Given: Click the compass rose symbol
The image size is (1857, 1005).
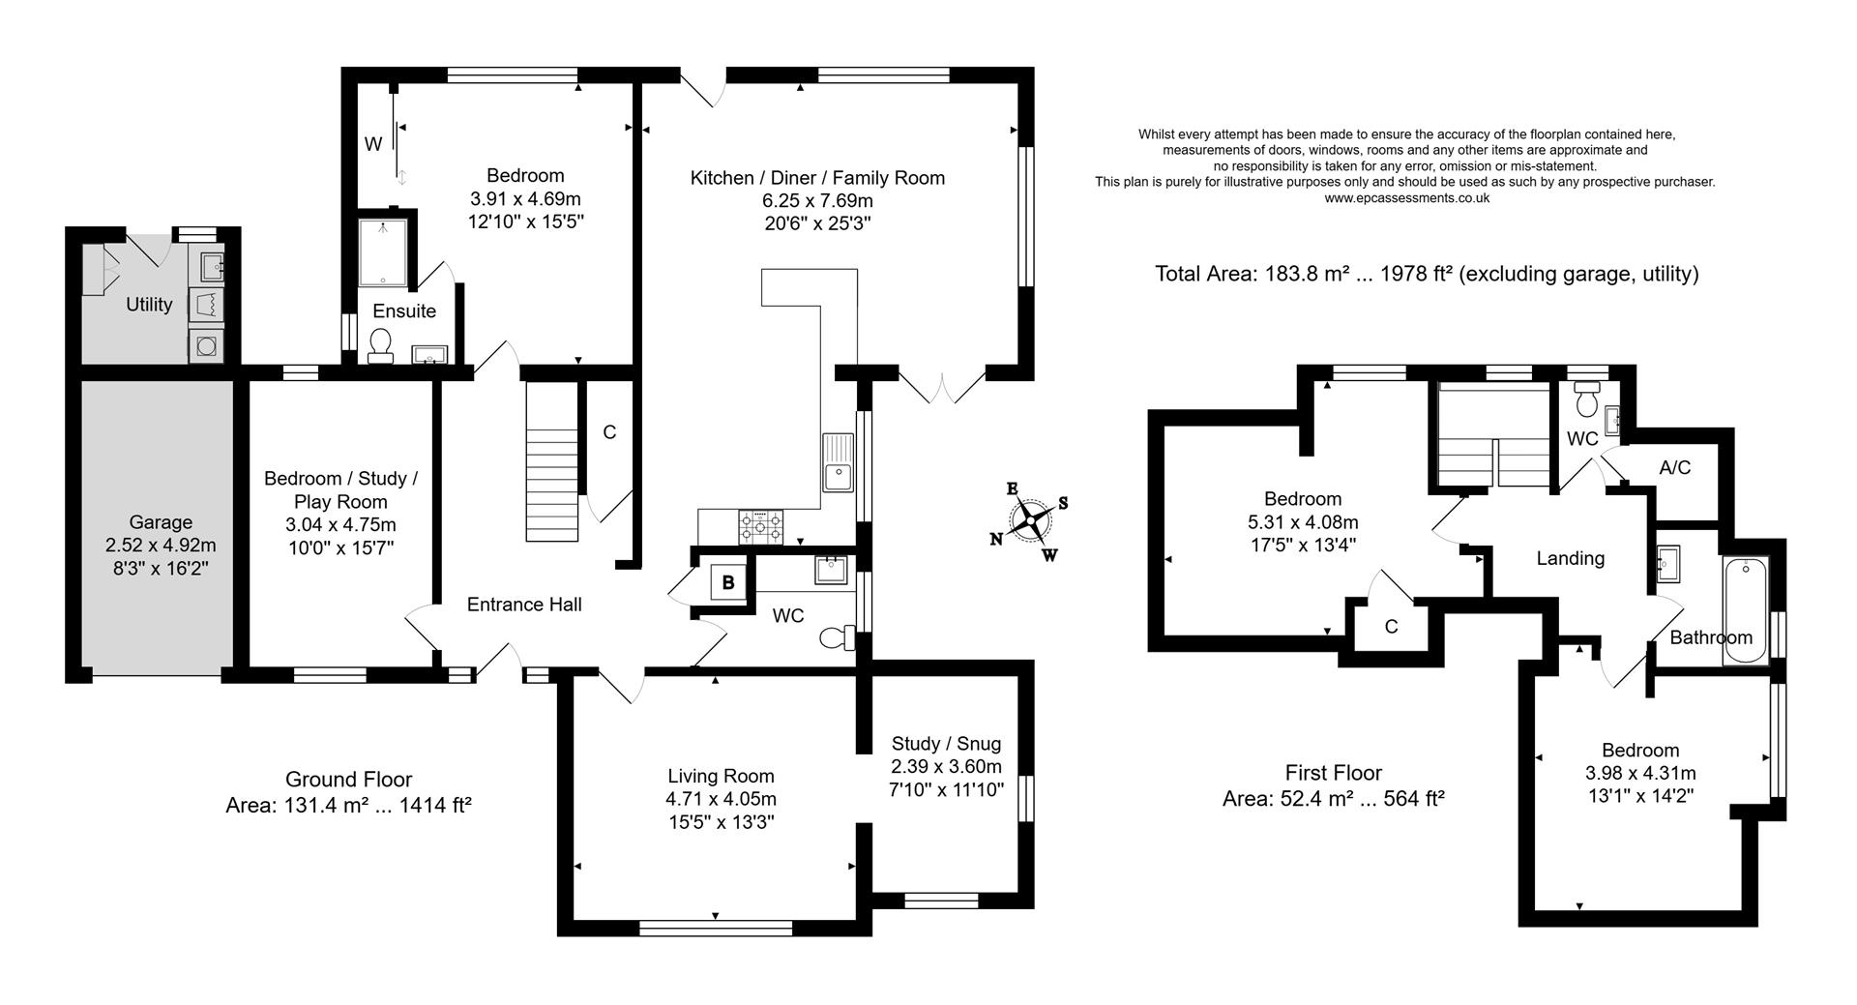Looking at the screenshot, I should coord(1031,522).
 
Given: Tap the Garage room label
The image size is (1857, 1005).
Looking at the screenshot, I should coord(161,522).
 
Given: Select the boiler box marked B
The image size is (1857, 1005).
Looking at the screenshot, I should coord(727,583).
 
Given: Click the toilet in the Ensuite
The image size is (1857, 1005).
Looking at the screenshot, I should coord(380,344).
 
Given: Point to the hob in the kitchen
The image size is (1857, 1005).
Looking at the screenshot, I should coord(761,526).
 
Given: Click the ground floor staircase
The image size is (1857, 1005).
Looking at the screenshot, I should coord(552,462).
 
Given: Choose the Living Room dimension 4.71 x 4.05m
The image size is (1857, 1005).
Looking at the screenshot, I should coord(721,799).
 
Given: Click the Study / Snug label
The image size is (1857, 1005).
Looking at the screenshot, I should coord(946,743).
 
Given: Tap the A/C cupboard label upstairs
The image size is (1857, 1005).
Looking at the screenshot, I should coord(1674,468).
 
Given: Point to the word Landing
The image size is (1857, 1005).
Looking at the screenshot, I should coord(1570,558).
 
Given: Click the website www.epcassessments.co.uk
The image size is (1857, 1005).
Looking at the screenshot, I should coord(1406,197).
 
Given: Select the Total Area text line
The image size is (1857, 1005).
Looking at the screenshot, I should coord(1426,274).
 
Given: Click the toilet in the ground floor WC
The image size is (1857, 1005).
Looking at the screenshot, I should coord(836,637).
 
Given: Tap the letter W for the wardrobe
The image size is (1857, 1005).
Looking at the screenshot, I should coord(372,144).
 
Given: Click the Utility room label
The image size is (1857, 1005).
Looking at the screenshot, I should coord(149,305).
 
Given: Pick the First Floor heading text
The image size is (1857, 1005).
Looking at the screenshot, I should coord(1333,773).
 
